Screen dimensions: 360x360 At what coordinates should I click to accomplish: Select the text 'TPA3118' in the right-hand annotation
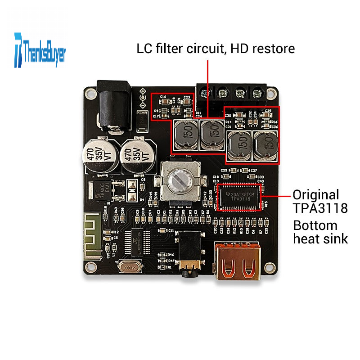[x=320, y=209]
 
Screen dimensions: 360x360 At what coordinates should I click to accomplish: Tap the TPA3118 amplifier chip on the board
[x=239, y=197]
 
